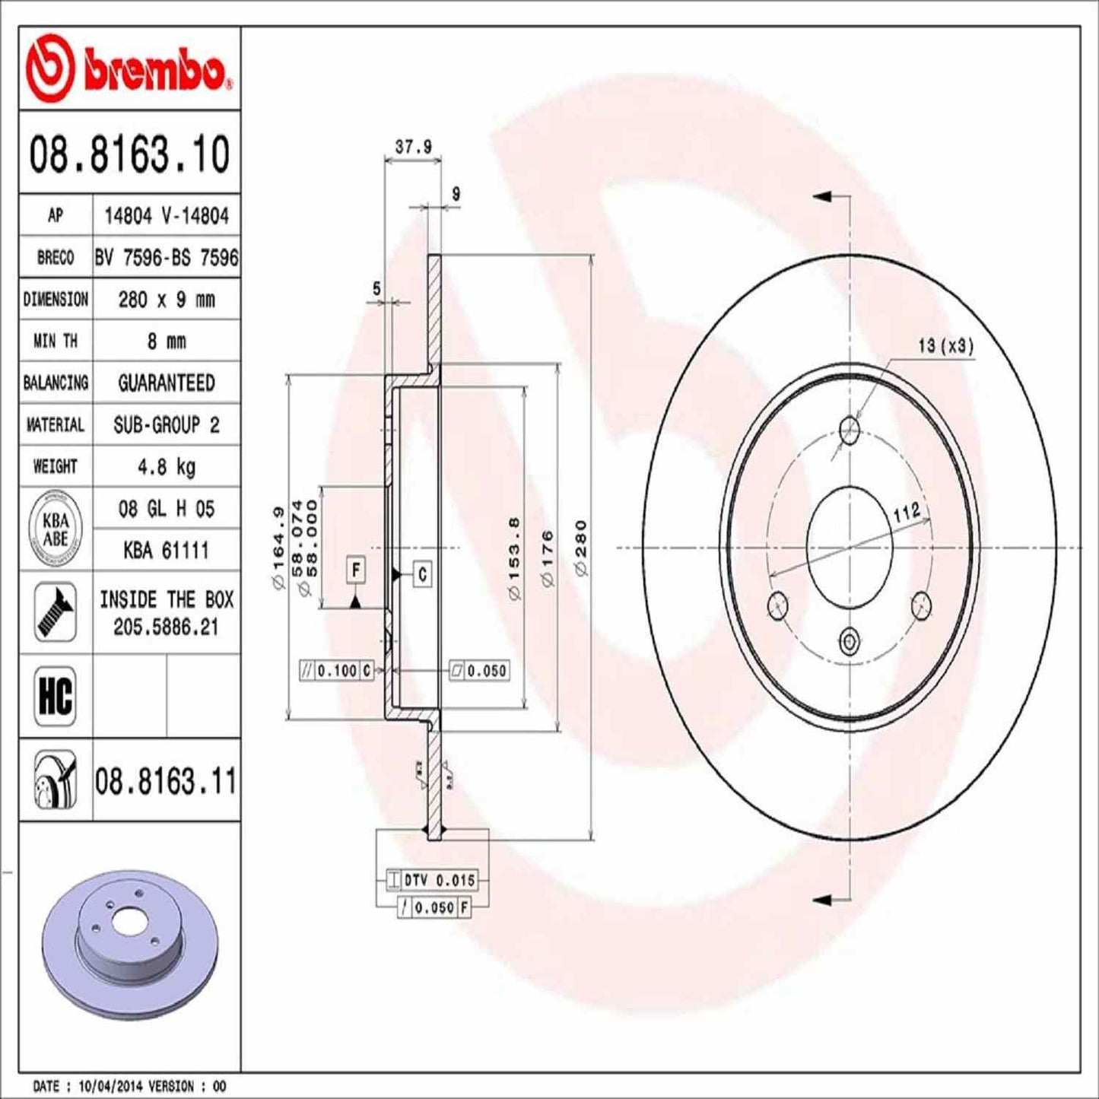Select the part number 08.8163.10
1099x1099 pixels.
pyautogui.click(x=129, y=154)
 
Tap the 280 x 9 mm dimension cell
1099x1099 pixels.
pyautogui.click(x=166, y=300)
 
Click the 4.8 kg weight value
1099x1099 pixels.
pyautogui.click(x=166, y=466)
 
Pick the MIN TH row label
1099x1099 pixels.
pyautogui.click(x=56, y=341)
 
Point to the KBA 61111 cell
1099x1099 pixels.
pyautogui.click(x=166, y=550)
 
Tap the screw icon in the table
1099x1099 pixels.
pyautogui.click(x=56, y=611)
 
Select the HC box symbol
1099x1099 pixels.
pyautogui.click(x=56, y=695)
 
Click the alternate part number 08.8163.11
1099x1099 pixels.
pyautogui.click(x=166, y=781)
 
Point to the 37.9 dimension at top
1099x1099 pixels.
pyautogui.click(x=413, y=147)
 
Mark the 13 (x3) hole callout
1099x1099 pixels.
pyautogui.click(x=945, y=346)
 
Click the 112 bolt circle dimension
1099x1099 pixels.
pyautogui.click(x=907, y=513)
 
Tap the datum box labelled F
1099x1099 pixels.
pyautogui.click(x=356, y=570)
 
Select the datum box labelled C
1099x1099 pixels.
pyautogui.click(x=423, y=574)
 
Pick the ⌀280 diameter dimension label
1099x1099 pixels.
pyautogui.click(x=581, y=548)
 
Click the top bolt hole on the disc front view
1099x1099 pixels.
pyautogui.click(x=849, y=430)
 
